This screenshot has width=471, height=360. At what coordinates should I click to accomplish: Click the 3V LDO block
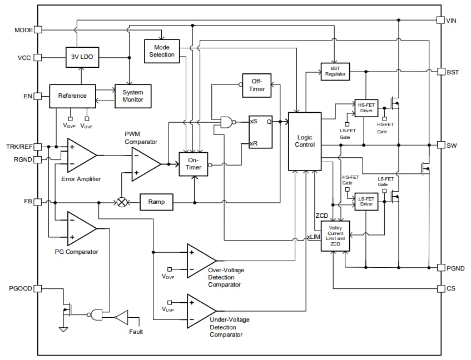81,57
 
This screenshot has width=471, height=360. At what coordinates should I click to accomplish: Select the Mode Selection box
162,51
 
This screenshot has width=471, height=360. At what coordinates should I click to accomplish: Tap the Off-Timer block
257,85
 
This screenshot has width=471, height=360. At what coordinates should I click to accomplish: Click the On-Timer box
193,164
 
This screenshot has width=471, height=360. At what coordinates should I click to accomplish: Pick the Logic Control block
305,141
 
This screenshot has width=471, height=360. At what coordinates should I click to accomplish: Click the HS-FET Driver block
366,108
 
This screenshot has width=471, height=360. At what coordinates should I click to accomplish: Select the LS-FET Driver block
366,201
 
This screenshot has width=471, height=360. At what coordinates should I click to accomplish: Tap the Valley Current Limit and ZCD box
337,235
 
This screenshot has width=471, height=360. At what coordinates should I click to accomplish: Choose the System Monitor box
133,96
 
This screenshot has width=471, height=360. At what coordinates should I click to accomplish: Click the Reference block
72,96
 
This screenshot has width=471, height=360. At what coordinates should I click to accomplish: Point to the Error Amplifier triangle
80,156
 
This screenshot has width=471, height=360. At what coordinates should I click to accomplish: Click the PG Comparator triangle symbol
80,228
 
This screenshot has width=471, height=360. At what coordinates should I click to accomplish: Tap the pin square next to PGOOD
38,288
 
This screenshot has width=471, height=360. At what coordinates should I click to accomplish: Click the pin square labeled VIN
440,20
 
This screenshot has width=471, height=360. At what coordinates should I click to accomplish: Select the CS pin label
451,288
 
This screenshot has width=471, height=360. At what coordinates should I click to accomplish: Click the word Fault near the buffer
136,332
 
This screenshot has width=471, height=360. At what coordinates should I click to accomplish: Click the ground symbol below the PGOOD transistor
63,329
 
